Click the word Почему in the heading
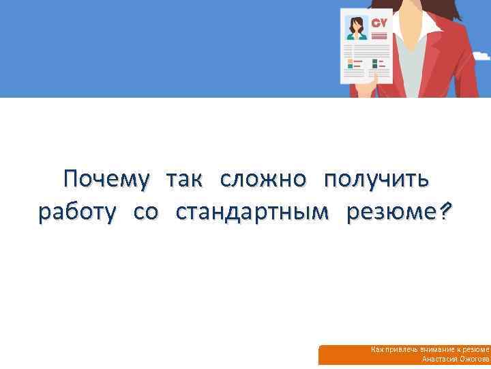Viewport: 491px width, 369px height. click(106, 180)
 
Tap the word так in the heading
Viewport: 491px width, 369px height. click(185, 180)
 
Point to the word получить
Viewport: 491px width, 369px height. click(376, 180)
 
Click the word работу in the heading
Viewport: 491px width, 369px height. click(76, 214)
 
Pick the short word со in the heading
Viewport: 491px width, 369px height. click(145, 214)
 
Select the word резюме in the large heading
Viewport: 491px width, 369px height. click(389, 214)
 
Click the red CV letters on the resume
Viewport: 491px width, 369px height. click(379, 23)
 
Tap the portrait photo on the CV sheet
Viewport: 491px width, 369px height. click(356, 27)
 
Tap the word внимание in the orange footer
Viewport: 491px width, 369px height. click(436, 350)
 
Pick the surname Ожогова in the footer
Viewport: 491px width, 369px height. click(473, 359)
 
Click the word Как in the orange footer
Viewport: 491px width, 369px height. click(377, 350)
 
